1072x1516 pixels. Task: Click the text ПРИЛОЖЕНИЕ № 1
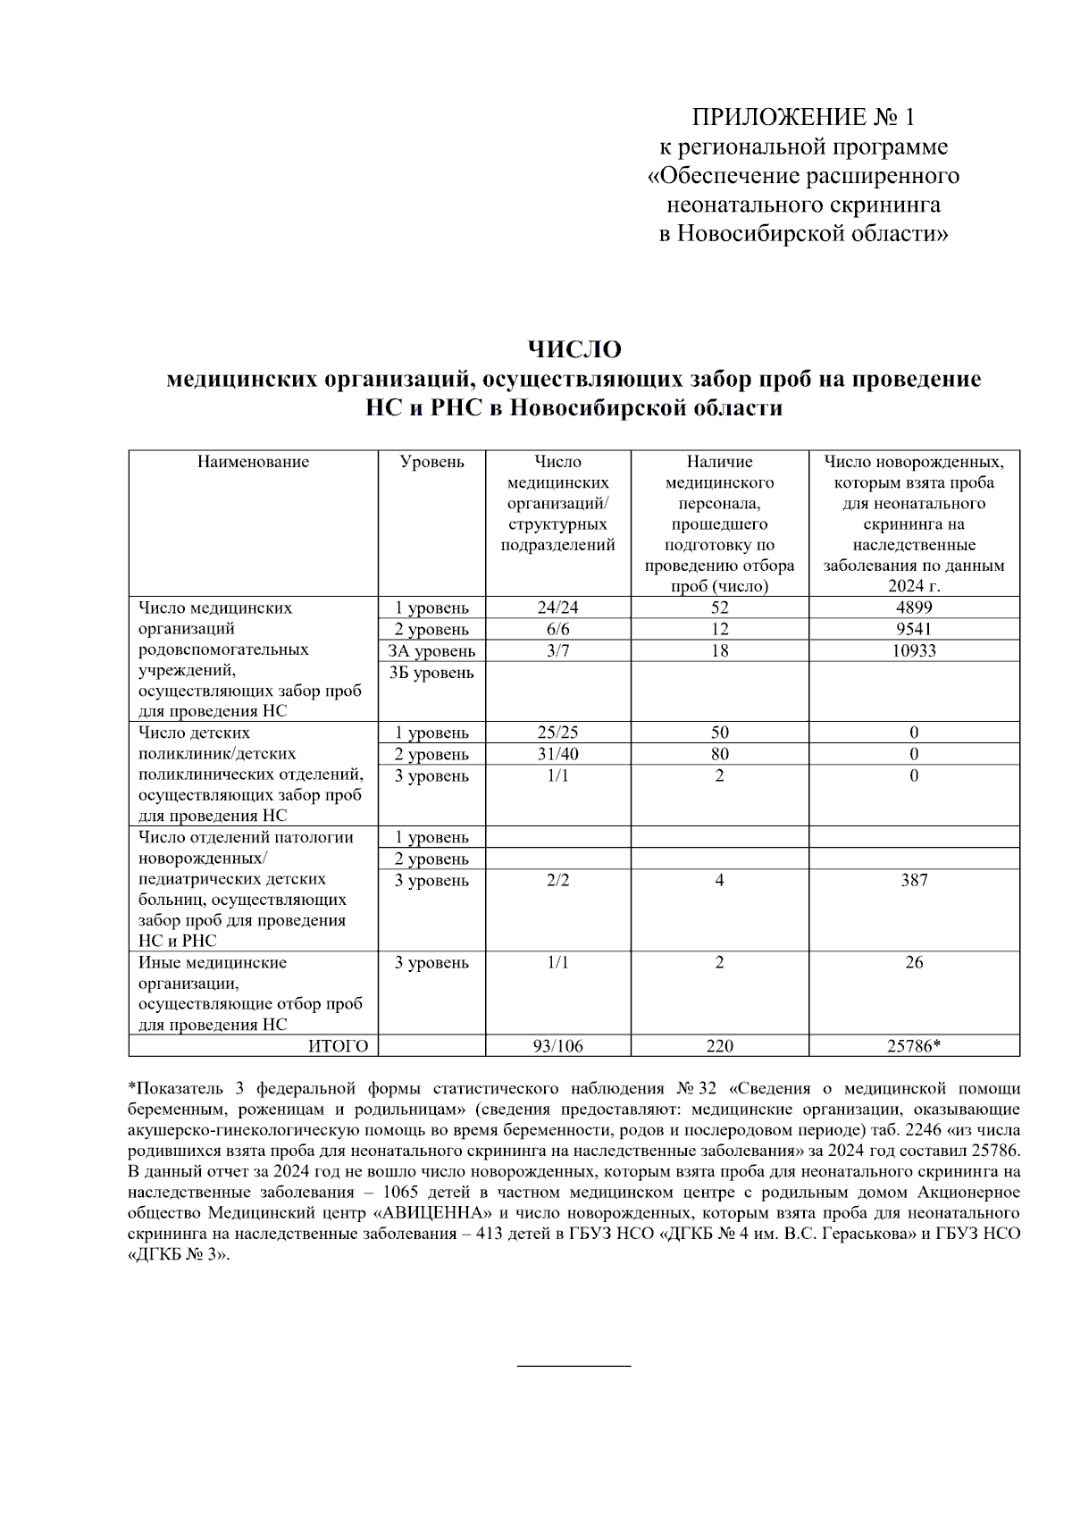pos(803,117)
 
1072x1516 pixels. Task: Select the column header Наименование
pos(253,462)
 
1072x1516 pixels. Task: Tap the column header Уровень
pos(431,462)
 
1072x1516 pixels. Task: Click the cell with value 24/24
pos(557,607)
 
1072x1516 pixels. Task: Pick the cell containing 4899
pos(914,607)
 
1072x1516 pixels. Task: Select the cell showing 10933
pos(914,650)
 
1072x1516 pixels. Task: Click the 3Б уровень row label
pos(431,673)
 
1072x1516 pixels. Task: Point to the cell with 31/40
pos(557,754)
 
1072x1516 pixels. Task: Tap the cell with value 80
pos(719,754)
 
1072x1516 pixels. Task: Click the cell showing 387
pos(914,880)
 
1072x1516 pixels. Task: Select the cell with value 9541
pos(914,629)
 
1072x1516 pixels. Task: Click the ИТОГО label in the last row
pos(338,1046)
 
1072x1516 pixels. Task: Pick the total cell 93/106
pos(557,1046)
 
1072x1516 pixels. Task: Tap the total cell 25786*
pos(914,1046)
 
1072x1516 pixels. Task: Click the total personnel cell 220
pos(719,1046)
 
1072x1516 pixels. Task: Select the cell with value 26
pos(914,962)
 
